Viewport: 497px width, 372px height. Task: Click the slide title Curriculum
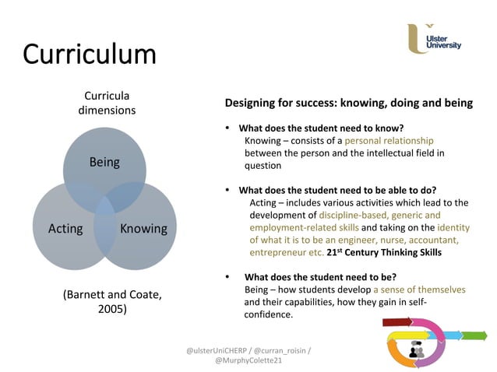(x=90, y=54)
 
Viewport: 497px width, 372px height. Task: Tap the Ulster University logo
(x=434, y=39)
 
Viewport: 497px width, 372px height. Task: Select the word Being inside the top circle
(x=104, y=162)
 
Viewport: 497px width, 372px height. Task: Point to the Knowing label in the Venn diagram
(x=143, y=228)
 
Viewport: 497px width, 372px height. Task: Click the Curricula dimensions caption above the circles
(x=107, y=103)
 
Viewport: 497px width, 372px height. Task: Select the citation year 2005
(x=112, y=309)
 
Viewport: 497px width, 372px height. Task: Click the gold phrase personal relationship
(x=389, y=141)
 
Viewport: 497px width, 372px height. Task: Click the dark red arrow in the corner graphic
(x=398, y=322)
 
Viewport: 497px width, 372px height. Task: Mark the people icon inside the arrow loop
(x=415, y=351)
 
